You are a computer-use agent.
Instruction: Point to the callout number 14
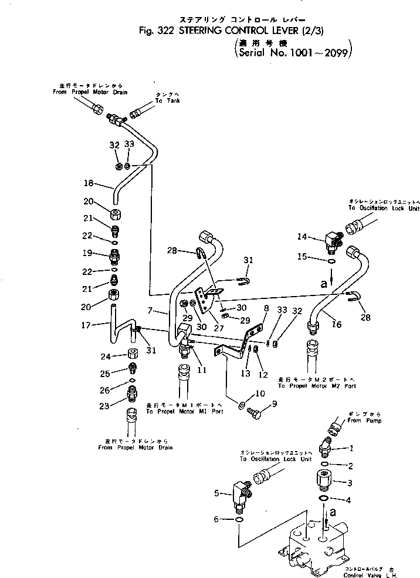[302, 237]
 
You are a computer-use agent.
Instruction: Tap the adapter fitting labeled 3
[324, 484]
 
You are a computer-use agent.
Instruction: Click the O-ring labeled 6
[239, 520]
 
